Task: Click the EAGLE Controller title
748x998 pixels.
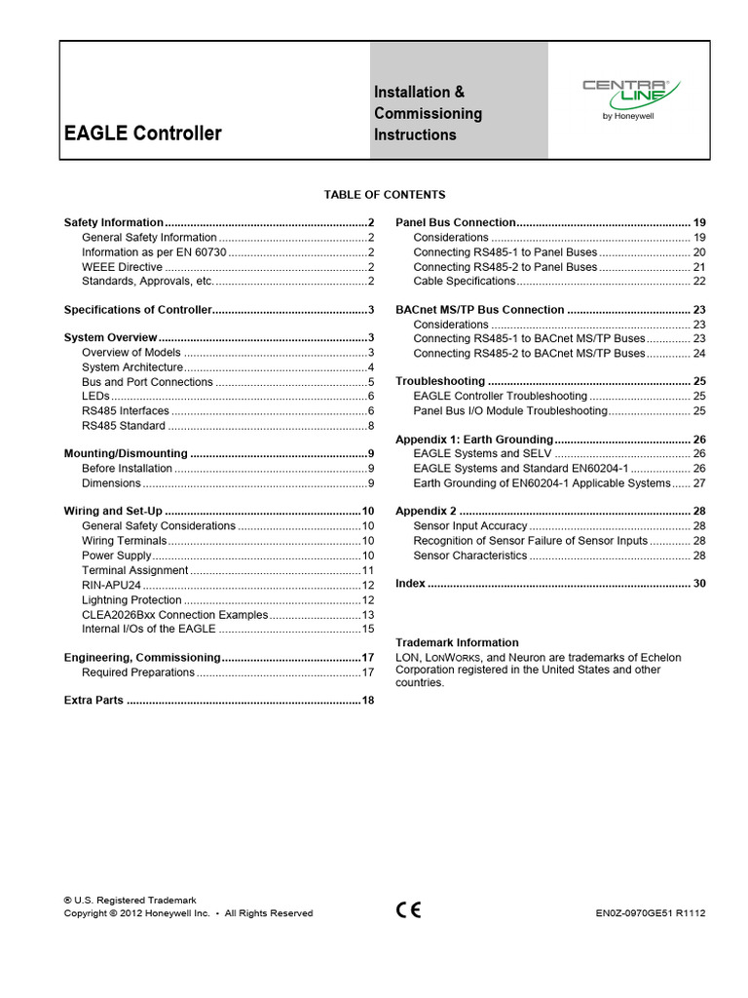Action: coord(142,134)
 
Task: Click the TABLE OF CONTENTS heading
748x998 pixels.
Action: coord(385,195)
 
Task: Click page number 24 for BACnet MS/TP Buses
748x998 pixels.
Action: coord(698,353)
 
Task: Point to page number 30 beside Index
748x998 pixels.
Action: coord(698,583)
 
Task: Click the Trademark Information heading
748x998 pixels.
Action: coord(457,642)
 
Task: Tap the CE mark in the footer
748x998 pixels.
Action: coord(408,910)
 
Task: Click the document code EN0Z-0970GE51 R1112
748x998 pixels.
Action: coord(650,913)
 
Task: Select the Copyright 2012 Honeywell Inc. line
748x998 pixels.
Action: coord(188,913)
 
